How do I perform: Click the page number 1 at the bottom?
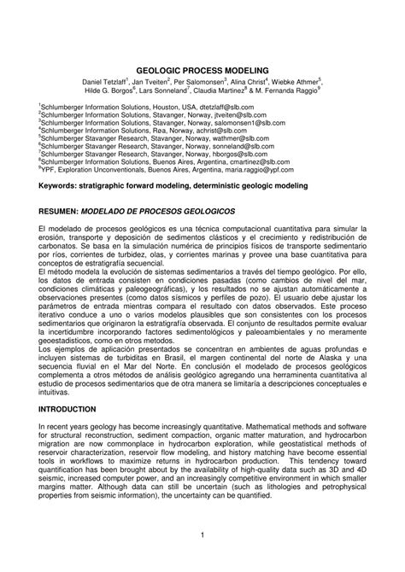pos(202,536)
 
